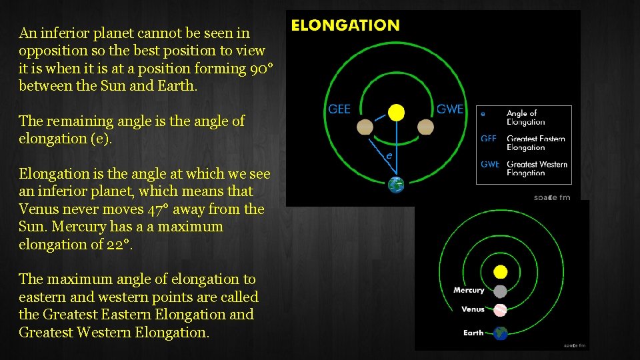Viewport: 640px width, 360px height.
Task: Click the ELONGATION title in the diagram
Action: click(346, 26)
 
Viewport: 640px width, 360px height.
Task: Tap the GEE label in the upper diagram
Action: click(339, 109)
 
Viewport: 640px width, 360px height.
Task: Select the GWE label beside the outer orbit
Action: click(450, 109)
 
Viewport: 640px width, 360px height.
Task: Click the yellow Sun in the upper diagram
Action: click(397, 112)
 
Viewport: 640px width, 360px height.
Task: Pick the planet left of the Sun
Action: click(365, 127)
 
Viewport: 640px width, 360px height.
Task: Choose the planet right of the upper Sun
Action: click(426, 127)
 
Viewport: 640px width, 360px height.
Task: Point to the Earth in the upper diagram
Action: click(396, 185)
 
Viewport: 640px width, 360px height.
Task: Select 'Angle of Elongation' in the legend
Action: click(525, 117)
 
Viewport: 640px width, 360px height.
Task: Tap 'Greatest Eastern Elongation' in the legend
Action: click(535, 143)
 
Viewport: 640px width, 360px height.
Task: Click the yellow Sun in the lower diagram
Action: click(501, 272)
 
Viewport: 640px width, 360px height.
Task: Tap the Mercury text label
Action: click(469, 290)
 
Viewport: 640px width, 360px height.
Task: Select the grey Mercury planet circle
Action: click(501, 291)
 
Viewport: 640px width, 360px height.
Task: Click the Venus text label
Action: click(473, 309)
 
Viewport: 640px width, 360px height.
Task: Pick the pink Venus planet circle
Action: click(501, 309)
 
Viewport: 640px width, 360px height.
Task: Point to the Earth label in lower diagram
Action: click(473, 333)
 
